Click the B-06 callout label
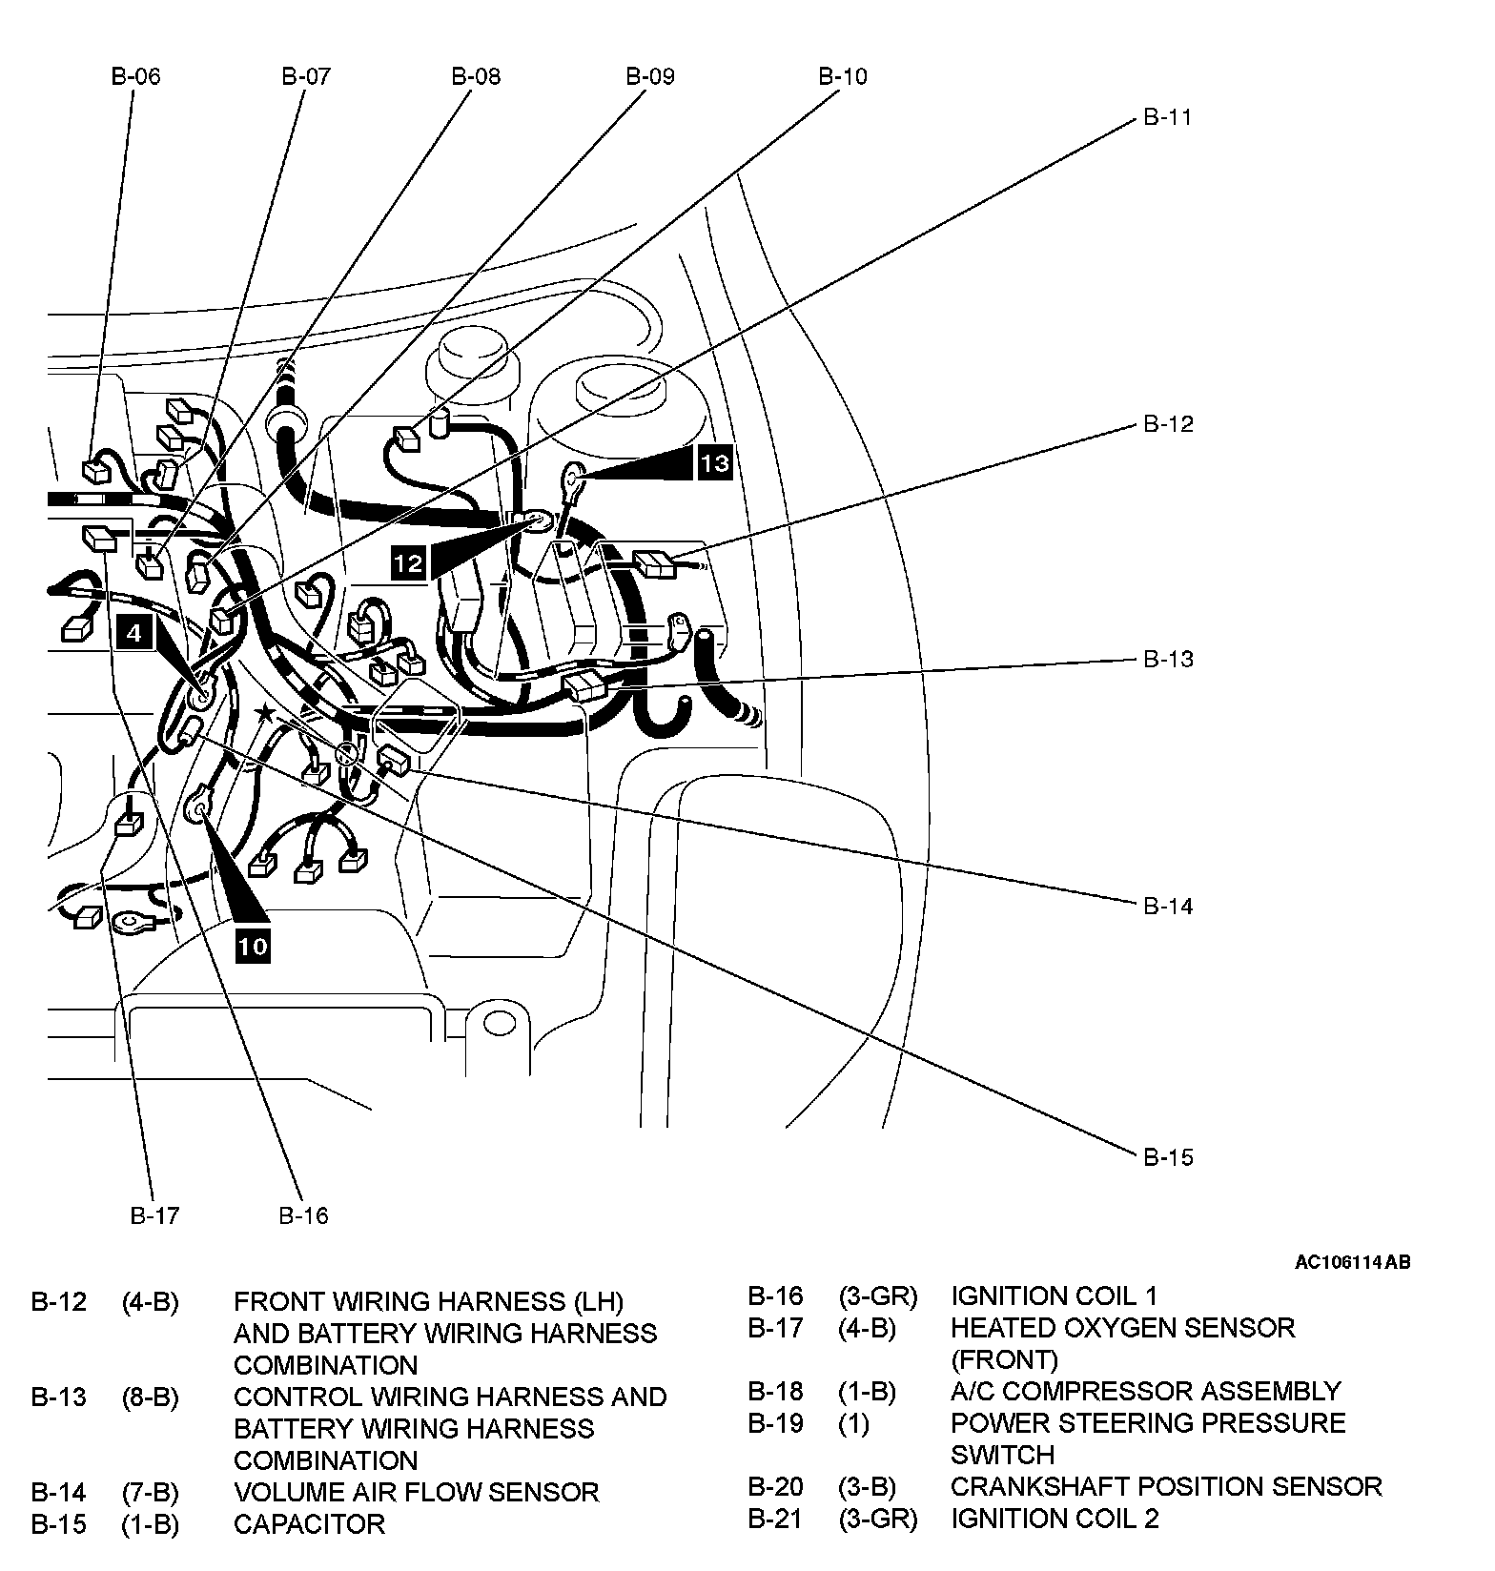point(135,76)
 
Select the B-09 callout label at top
point(650,76)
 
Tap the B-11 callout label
point(1168,117)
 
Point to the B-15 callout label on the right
point(1168,1157)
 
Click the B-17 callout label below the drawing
point(154,1215)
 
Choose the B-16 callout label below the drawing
point(303,1215)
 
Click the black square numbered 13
point(714,463)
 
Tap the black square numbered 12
point(407,563)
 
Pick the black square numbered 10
point(253,946)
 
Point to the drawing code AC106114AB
point(1352,1262)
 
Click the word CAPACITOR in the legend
point(309,1524)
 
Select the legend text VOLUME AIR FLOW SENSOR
point(416,1492)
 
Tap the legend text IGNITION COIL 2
point(1055,1518)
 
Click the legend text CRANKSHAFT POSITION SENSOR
point(1165,1486)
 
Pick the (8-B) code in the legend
point(150,1397)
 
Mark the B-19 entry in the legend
point(774,1423)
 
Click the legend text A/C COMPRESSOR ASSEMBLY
point(1145,1391)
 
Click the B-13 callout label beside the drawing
point(1168,659)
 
